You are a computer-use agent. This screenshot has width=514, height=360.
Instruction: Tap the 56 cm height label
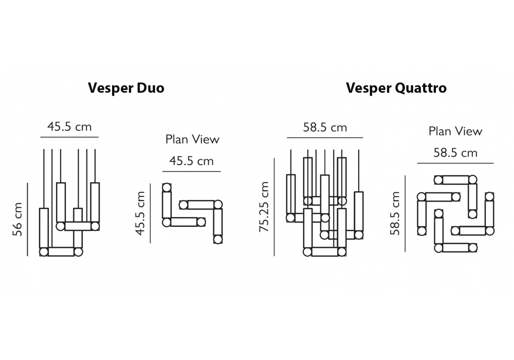(x=17, y=219)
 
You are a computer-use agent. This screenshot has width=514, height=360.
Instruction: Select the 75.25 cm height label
(x=264, y=207)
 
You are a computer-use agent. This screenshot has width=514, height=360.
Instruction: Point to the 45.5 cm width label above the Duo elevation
(x=69, y=127)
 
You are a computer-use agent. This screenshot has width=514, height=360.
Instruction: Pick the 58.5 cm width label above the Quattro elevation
(x=324, y=128)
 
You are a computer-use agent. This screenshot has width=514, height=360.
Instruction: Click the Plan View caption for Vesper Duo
(x=192, y=139)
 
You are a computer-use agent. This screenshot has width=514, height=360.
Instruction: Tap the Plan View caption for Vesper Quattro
(x=455, y=131)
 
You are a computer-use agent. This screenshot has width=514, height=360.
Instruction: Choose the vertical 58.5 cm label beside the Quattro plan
(x=395, y=213)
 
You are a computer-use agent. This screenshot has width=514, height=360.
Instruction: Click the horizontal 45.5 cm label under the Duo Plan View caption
(x=191, y=161)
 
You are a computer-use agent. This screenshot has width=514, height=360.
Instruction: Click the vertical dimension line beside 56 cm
(x=28, y=218)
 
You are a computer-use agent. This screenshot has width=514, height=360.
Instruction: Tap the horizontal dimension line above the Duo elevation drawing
(x=69, y=138)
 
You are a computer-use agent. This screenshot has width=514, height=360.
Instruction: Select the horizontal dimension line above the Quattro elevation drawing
(x=324, y=138)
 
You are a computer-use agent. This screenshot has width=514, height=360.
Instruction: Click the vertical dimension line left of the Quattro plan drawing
(x=406, y=213)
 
